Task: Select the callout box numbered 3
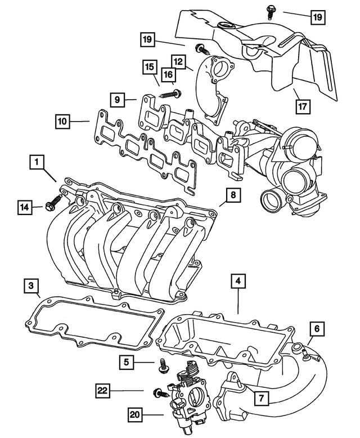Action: pos(31,286)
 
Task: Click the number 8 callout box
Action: pos(233,195)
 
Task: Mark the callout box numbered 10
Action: pos(62,120)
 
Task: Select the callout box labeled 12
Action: pos(178,60)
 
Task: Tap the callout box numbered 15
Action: pos(148,68)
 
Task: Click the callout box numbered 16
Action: pos(168,74)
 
